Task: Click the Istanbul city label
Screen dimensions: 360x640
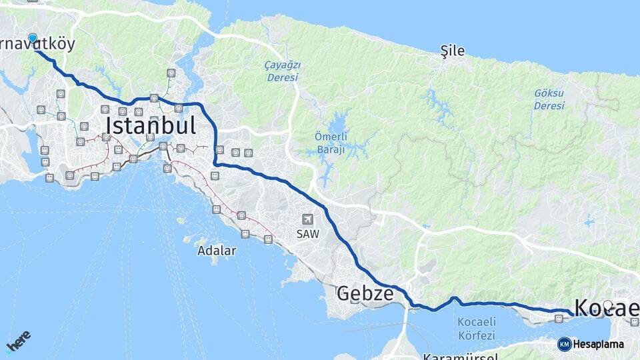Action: [x=150, y=125]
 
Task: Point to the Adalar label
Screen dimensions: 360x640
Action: [x=217, y=251]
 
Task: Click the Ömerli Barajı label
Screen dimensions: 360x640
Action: [x=331, y=143]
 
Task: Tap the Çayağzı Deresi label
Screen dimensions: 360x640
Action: [x=283, y=71]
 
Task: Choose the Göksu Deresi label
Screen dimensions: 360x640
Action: [x=549, y=100]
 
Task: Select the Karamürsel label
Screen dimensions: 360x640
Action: [x=460, y=357]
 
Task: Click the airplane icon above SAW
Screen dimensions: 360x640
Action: [x=308, y=219]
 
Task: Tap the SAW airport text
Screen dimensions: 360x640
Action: [x=308, y=234]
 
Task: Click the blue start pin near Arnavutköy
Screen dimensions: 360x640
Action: [x=33, y=39]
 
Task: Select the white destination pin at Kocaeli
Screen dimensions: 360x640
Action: [x=607, y=306]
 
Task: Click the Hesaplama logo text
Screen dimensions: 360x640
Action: [x=598, y=344]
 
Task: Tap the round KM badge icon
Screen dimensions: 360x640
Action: [x=564, y=344]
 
